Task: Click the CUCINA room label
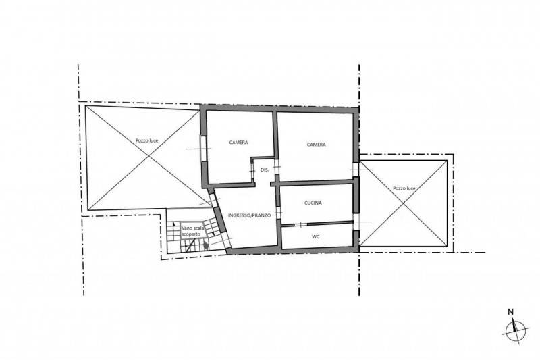click(313, 203)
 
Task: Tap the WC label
click(316, 236)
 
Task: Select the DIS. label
click(265, 170)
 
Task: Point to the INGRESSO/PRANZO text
click(249, 215)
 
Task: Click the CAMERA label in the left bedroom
click(238, 143)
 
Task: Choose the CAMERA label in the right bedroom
click(316, 145)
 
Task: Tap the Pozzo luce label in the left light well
click(146, 140)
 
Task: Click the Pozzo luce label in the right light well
click(404, 188)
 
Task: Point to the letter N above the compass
click(511, 312)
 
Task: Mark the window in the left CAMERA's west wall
click(203, 149)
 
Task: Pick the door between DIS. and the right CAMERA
click(277, 167)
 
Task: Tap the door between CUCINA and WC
click(300, 225)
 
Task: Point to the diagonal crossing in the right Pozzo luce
click(404, 203)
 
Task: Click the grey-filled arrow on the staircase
click(206, 246)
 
